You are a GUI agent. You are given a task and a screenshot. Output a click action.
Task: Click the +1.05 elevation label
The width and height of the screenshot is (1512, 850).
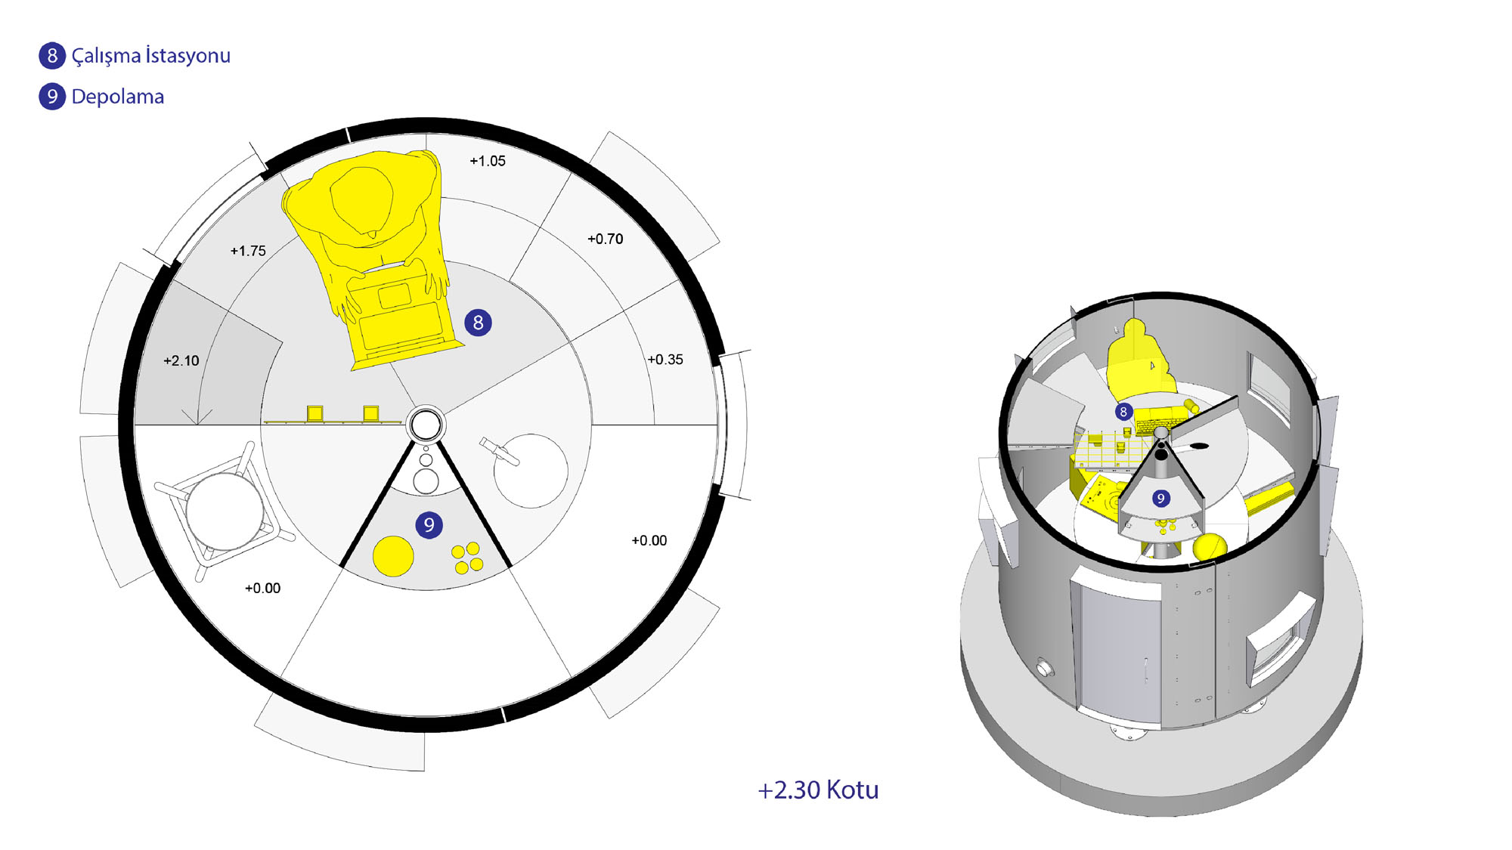click(x=488, y=161)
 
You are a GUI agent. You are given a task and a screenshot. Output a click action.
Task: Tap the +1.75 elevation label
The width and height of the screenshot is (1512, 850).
click(x=248, y=251)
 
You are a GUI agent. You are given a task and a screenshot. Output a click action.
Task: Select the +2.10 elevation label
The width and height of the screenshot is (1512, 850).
click(x=181, y=360)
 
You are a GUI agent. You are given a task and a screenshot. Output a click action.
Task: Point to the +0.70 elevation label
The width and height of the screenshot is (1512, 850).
click(x=606, y=239)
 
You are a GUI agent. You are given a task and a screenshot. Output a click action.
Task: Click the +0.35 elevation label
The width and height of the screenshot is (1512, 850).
click(x=665, y=360)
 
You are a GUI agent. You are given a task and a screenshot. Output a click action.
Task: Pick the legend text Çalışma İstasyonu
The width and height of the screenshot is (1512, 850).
click(x=151, y=56)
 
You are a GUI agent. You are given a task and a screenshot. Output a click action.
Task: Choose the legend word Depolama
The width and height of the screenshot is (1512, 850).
click(x=118, y=97)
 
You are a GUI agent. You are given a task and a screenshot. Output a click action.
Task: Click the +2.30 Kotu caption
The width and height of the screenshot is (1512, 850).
click(x=818, y=790)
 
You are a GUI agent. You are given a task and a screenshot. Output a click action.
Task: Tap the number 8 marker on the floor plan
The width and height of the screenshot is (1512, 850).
click(x=478, y=323)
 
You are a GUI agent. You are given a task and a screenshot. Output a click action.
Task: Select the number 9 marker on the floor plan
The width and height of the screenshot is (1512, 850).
click(x=429, y=525)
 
